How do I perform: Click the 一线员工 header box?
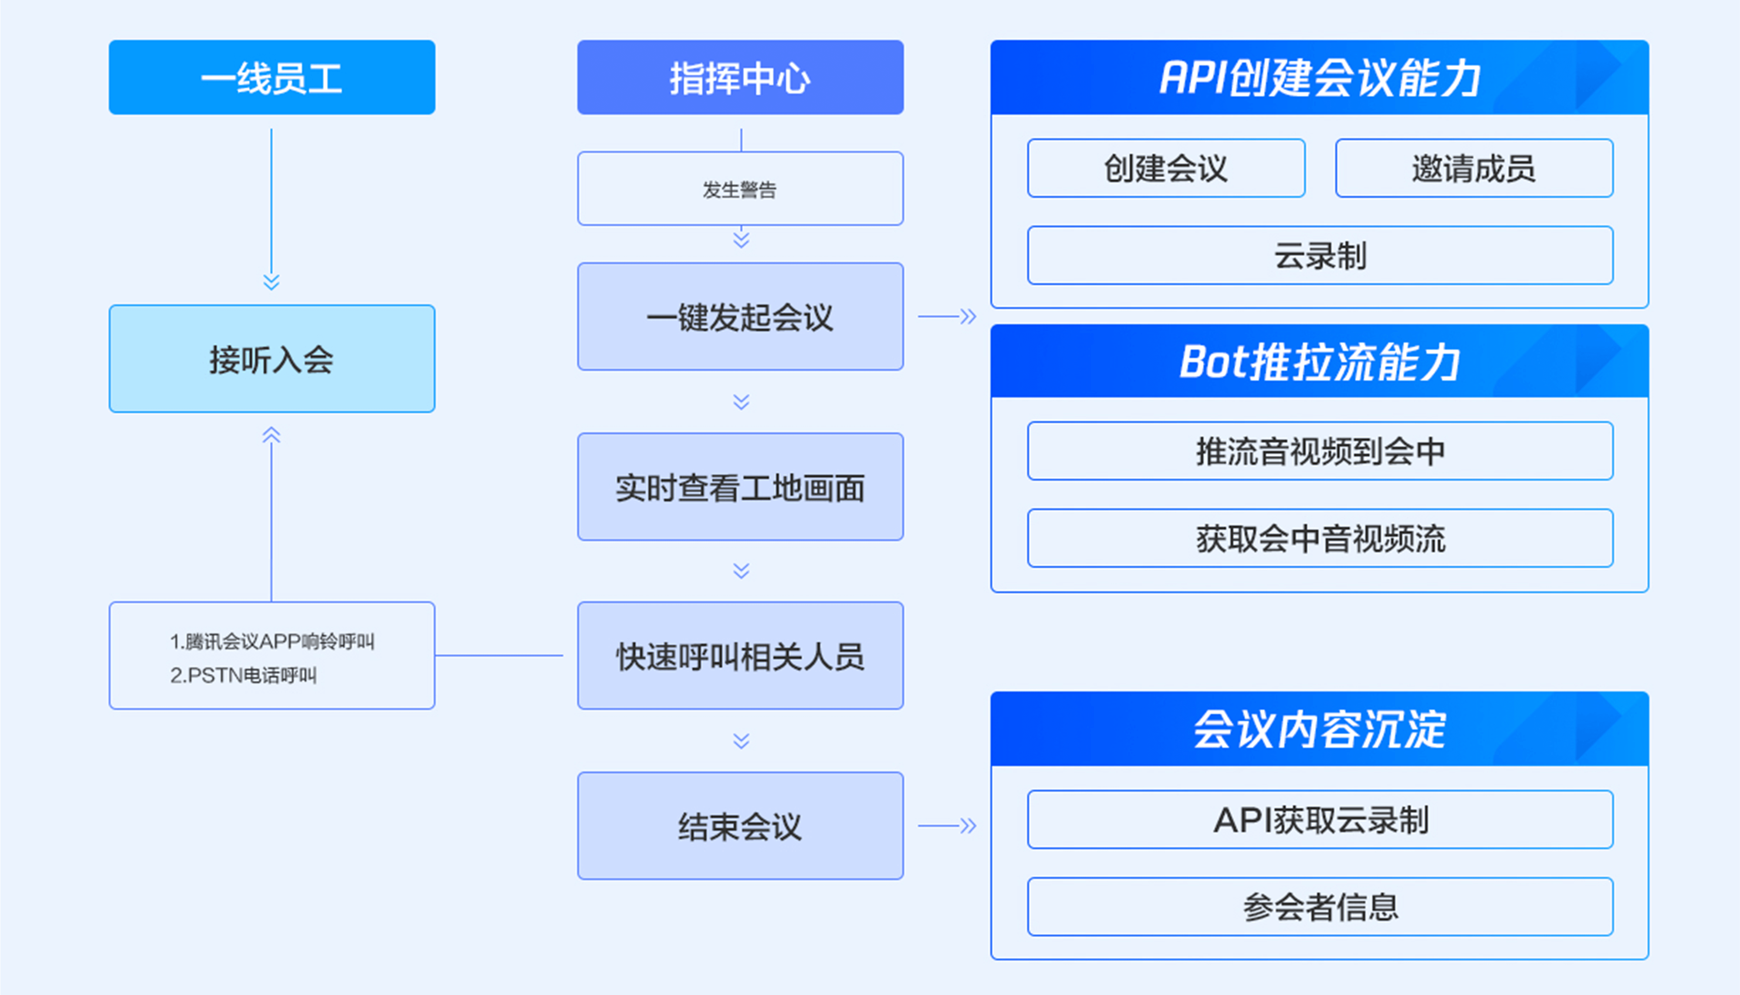coord(272,77)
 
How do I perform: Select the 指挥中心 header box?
coord(741,77)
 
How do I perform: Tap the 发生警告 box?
coord(741,189)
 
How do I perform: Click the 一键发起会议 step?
coord(741,317)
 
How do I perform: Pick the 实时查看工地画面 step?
coord(741,486)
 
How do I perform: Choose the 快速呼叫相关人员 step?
coord(741,656)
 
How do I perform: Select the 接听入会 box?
coord(272,359)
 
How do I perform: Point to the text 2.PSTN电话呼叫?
coord(243,675)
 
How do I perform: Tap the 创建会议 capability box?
coord(1166,168)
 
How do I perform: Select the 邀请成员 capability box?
coord(1474,168)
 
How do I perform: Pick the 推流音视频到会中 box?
coord(1321,451)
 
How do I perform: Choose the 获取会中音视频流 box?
coord(1321,538)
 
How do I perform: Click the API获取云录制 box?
coord(1321,819)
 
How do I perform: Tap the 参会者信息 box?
coord(1321,906)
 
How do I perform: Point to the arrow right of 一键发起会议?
coord(947,317)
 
